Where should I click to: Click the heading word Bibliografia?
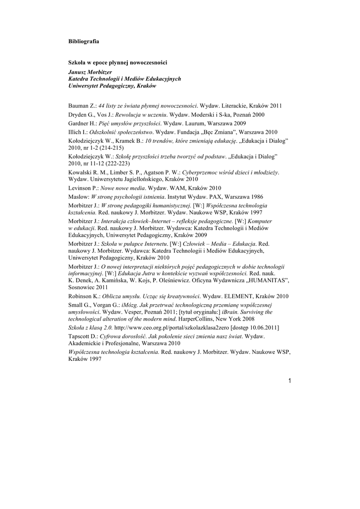tap(84, 41)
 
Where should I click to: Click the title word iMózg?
tap(129, 304)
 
